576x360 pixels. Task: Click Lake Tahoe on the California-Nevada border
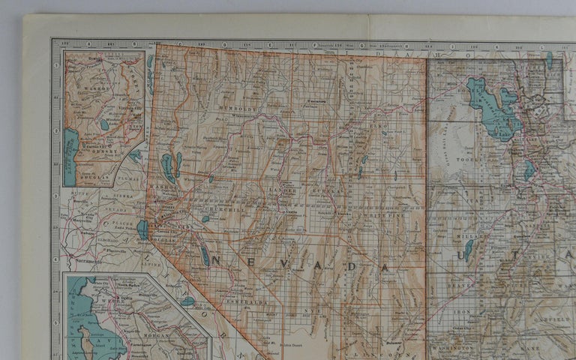[x=142, y=229]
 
